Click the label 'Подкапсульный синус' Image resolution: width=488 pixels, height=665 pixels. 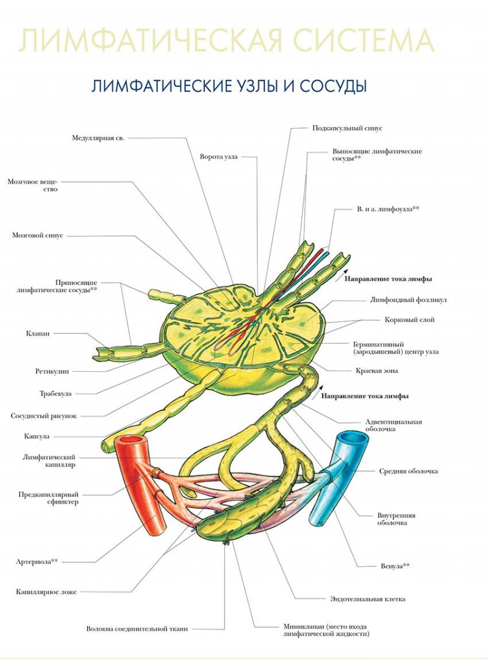(x=347, y=128)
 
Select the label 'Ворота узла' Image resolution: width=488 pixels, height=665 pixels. (x=218, y=157)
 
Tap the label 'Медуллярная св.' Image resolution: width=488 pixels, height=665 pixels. (x=98, y=138)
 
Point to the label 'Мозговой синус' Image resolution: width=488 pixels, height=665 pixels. (x=38, y=235)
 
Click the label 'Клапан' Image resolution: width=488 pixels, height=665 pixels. (x=38, y=333)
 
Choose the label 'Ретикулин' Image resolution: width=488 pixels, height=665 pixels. (x=52, y=372)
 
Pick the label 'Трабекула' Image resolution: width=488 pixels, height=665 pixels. (x=56, y=394)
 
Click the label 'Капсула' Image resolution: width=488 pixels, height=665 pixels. (x=37, y=436)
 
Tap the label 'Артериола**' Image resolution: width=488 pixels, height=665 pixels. (x=37, y=562)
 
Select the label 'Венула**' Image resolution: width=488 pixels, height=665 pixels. (x=395, y=566)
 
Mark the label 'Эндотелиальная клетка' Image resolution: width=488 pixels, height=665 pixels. (x=367, y=599)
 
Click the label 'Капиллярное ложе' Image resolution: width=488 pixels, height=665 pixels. (x=46, y=592)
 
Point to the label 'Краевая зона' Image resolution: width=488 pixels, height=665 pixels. (x=377, y=371)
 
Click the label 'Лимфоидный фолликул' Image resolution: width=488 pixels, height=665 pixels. (x=408, y=300)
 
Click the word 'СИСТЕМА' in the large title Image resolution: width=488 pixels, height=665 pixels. (x=364, y=41)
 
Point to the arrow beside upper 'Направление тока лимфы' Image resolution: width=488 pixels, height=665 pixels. (x=341, y=276)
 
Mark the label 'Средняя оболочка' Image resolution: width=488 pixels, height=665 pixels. (x=408, y=471)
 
